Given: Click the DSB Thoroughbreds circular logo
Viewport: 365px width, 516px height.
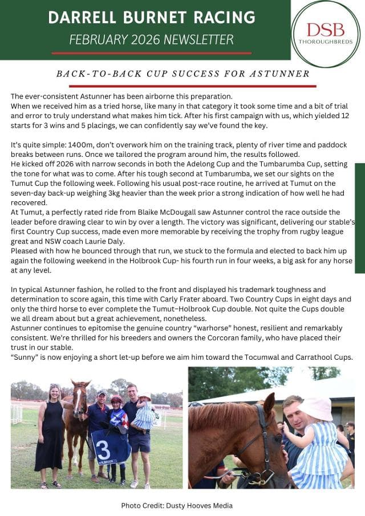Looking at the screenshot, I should tap(325, 34).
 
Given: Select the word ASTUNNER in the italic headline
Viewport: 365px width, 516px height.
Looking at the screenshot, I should tap(283, 74).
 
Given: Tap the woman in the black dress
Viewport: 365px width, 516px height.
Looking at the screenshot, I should tap(50, 433).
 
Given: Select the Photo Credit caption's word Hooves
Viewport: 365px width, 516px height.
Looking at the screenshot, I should tap(197, 505).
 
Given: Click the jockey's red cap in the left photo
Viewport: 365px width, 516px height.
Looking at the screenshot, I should tap(116, 400).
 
